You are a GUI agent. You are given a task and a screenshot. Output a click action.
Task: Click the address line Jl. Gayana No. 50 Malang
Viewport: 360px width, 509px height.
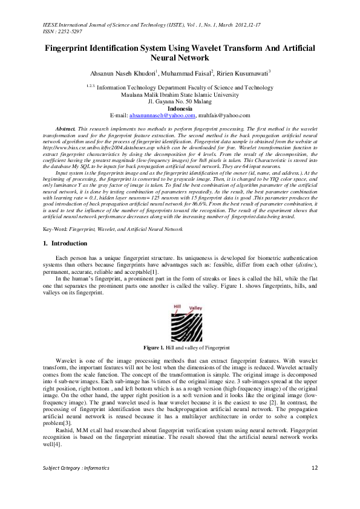[x=180, y=101]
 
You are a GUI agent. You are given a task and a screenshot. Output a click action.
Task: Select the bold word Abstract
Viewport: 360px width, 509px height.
[x=65, y=129]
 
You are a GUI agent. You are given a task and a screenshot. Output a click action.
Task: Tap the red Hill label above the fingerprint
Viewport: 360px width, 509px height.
[x=177, y=306]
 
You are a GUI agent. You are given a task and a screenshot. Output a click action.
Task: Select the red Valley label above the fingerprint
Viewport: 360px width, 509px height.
[x=195, y=308]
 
